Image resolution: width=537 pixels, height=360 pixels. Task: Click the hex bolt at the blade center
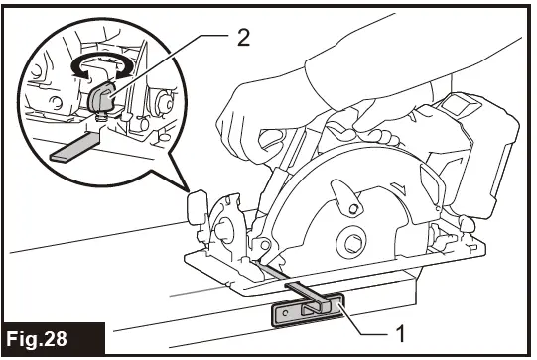[353, 241]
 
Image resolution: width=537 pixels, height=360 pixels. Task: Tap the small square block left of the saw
[197, 206]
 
